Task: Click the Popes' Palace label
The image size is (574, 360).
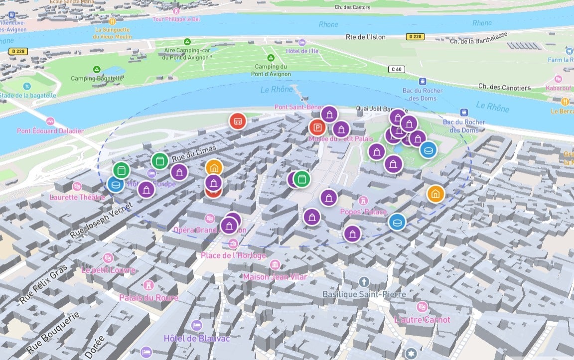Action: pyautogui.click(x=363, y=212)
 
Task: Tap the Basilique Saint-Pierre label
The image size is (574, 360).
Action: pyautogui.click(x=364, y=294)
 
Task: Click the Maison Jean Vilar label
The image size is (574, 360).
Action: pyautogui.click(x=275, y=277)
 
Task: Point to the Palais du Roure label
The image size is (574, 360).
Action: pyautogui.click(x=148, y=297)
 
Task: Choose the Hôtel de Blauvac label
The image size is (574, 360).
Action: pyautogui.click(x=197, y=339)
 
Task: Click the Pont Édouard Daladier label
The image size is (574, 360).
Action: pyautogui.click(x=50, y=131)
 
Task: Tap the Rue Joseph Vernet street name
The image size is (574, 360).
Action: pyautogui.click(x=101, y=220)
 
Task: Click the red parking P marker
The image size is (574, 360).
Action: pyautogui.click(x=317, y=127)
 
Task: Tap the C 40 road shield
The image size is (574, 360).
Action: pyautogui.click(x=397, y=69)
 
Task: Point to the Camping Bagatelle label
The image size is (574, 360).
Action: pyautogui.click(x=97, y=78)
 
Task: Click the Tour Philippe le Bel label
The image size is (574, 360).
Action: pyautogui.click(x=175, y=19)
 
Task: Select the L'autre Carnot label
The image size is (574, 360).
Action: pyautogui.click(x=422, y=319)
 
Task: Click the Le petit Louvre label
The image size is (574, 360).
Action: pyautogui.click(x=108, y=270)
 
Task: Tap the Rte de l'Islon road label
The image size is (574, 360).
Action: pyautogui.click(x=366, y=37)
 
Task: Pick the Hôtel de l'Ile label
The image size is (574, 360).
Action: pyautogui.click(x=302, y=51)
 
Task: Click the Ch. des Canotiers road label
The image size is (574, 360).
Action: pyautogui.click(x=504, y=88)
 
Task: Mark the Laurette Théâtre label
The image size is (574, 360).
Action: pyautogui.click(x=77, y=197)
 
